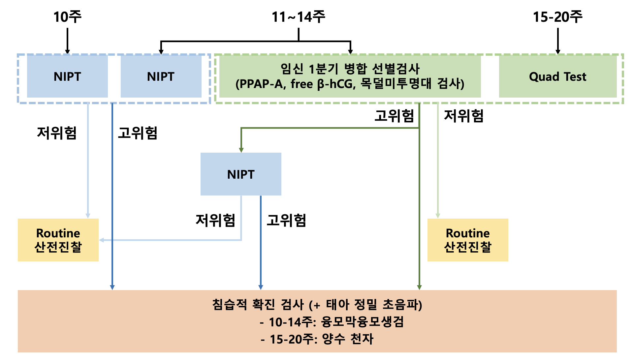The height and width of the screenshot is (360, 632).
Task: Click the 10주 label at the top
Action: [67, 17]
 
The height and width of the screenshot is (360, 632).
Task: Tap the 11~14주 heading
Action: [299, 17]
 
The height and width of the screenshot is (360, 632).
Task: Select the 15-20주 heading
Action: [558, 17]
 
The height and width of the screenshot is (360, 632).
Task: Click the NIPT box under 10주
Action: [67, 76]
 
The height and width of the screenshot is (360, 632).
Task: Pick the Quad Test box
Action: [558, 76]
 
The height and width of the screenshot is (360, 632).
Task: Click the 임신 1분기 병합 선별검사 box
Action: [350, 76]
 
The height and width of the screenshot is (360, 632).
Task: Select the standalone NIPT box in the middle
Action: [241, 174]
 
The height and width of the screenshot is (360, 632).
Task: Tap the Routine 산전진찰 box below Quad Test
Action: [468, 240]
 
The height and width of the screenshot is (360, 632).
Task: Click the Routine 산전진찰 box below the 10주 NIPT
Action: [58, 240]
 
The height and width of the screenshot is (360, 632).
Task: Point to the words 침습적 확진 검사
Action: [258, 304]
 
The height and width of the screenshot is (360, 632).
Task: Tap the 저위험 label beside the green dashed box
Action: [464, 116]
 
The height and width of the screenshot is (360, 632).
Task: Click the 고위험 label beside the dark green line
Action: [394, 116]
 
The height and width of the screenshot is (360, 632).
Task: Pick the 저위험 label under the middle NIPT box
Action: [215, 220]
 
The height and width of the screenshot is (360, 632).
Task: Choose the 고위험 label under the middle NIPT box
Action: [286, 220]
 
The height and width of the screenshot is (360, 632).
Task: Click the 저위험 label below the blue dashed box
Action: [57, 133]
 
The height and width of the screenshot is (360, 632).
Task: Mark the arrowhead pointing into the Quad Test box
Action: [558, 52]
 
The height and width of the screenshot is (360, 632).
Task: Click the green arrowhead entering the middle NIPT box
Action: [241, 150]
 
